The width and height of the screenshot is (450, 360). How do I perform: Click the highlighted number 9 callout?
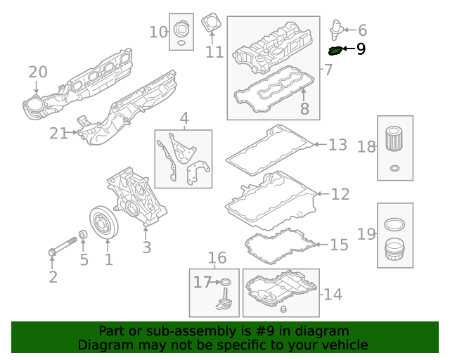[x=361, y=49]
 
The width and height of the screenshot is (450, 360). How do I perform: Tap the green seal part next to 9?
[x=336, y=50]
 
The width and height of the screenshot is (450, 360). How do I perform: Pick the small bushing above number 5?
[x=83, y=235]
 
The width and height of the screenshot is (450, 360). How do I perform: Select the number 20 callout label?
[x=37, y=72]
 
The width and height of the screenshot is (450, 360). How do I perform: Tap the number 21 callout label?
[x=58, y=133]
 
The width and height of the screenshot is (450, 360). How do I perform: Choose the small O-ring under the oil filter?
[x=394, y=169]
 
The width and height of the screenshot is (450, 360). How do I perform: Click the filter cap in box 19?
[x=394, y=250]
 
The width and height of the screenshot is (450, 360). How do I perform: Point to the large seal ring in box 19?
[x=394, y=225]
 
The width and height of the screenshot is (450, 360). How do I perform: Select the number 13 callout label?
[x=338, y=145]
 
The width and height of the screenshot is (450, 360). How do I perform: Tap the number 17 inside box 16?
[x=202, y=283]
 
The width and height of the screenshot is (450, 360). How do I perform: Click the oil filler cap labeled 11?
[x=210, y=24]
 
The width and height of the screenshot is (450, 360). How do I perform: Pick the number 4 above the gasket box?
[x=184, y=118]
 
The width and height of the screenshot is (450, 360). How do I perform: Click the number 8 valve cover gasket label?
[x=304, y=108]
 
